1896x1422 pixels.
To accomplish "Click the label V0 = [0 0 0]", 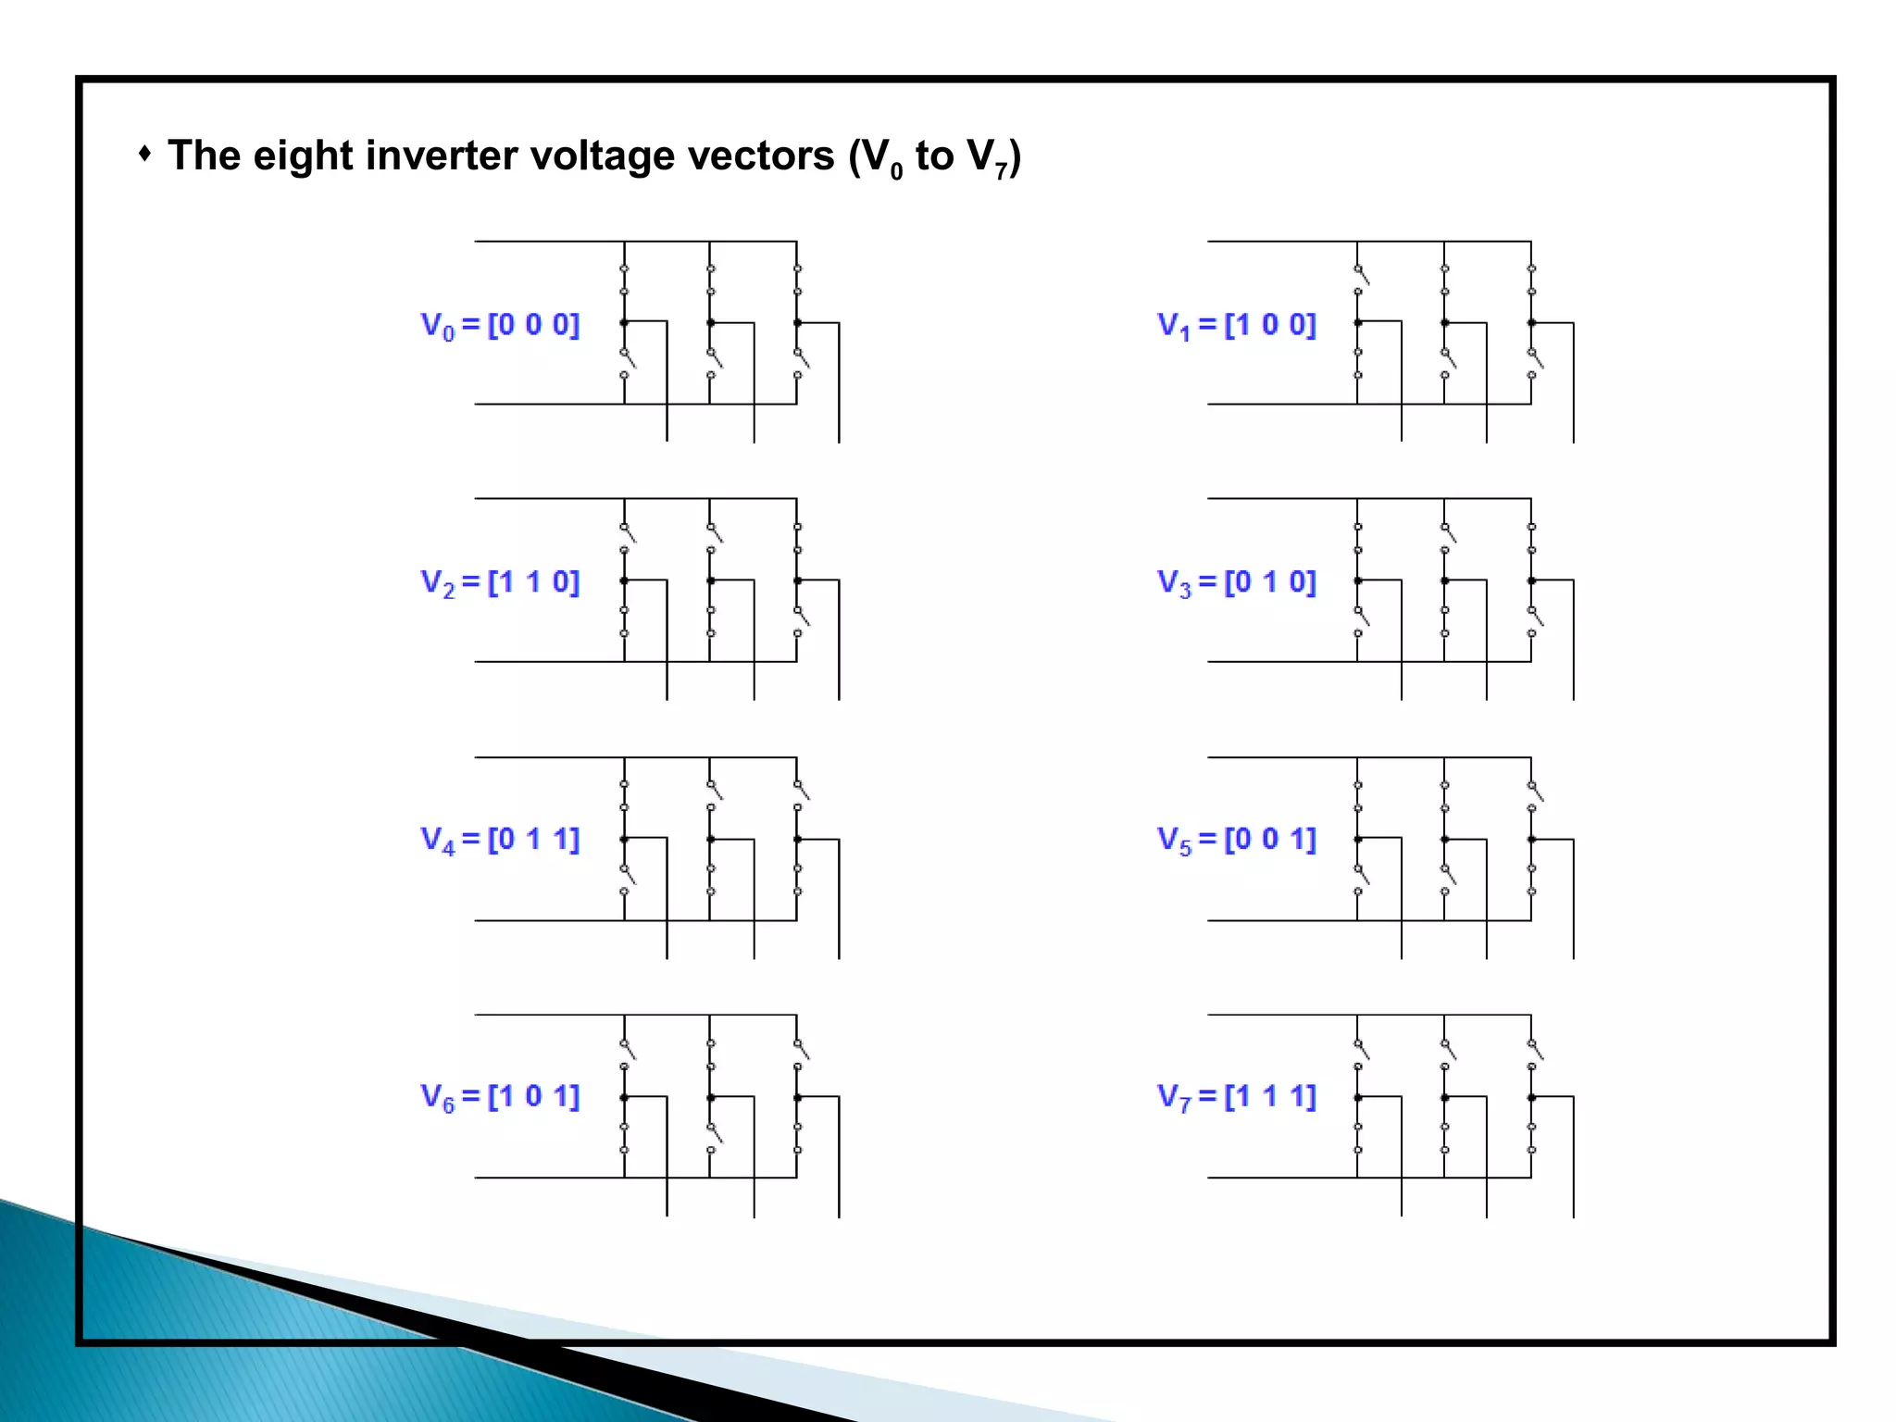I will (x=500, y=325).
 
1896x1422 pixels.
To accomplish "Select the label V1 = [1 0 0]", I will (x=1236, y=325).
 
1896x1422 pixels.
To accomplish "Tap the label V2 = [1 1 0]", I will (x=500, y=582).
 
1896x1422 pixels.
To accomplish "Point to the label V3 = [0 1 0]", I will (x=1236, y=582).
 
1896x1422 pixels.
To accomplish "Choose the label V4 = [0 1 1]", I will (x=500, y=840).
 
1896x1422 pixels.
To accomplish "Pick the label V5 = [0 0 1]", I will (x=1236, y=840).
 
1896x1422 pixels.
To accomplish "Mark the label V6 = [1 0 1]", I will (x=500, y=1097).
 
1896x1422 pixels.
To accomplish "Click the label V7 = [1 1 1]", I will (x=1236, y=1097).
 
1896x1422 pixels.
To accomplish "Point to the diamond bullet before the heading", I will (x=144, y=153).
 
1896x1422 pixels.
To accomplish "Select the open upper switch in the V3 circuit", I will (x=1447, y=534).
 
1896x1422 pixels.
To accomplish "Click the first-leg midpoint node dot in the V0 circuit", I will (x=624, y=322).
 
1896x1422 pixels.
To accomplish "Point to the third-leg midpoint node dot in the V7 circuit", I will (x=1531, y=1097).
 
